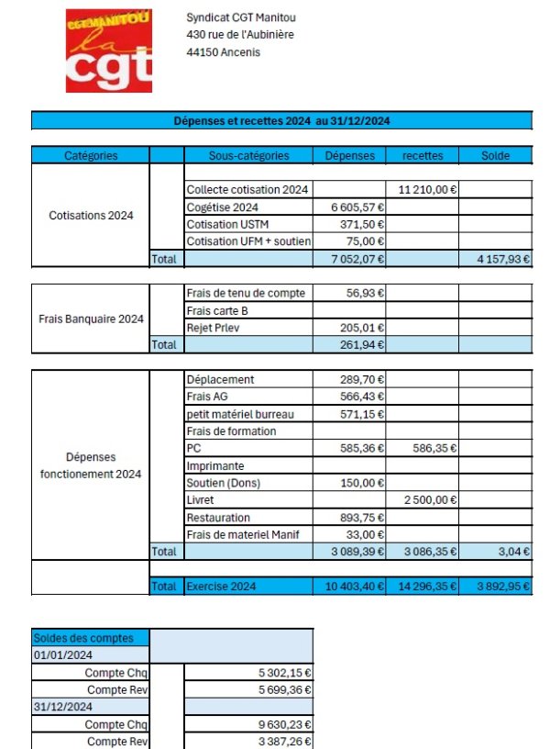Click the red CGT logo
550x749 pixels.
tap(109, 51)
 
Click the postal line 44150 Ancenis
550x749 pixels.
tap(223, 52)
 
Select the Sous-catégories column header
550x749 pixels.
tap(248, 156)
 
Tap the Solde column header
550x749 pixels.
tap(495, 156)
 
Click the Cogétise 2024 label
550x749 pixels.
tap(222, 207)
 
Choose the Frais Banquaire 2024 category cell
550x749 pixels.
tap(91, 319)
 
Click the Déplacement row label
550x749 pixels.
tap(220, 380)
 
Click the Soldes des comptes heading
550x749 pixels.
tap(83, 638)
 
